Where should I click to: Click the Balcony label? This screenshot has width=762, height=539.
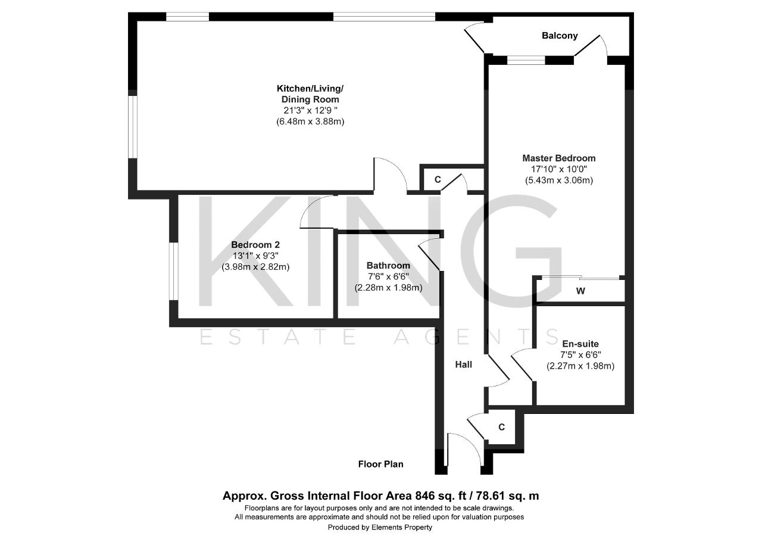[x=560, y=36]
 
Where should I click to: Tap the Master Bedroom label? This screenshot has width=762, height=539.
[x=559, y=158]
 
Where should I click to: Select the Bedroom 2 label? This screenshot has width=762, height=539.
[x=255, y=245]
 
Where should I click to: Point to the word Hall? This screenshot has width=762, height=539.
[x=463, y=364]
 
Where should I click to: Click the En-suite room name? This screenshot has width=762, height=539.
[x=580, y=344]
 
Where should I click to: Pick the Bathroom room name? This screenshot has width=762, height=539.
[x=388, y=266]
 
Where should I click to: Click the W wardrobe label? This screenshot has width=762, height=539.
[x=580, y=291]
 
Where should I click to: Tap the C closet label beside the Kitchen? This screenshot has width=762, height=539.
[x=438, y=179]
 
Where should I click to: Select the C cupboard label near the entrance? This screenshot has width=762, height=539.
[x=501, y=427]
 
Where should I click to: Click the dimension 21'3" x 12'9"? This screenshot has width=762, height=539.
[x=310, y=111]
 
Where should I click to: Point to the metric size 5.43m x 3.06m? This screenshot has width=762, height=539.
[x=559, y=180]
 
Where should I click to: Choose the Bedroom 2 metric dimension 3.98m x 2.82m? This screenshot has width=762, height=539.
[x=255, y=267]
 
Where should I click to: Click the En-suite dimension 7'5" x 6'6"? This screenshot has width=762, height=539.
[x=580, y=355]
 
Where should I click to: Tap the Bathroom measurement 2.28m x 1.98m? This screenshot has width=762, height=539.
[x=389, y=288]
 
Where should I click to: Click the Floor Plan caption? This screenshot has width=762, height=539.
[x=380, y=464]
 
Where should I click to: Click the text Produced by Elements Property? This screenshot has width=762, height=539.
[x=380, y=528]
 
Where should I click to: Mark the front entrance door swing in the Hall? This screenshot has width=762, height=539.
[x=464, y=449]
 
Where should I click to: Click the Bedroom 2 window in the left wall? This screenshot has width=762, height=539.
[x=173, y=271]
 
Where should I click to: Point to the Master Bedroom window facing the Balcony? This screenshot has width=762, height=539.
[x=526, y=60]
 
